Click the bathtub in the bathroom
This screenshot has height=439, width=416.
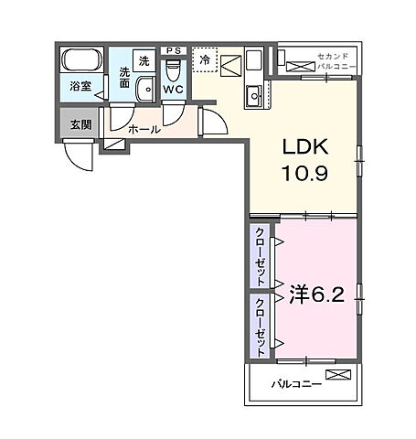click(81, 59)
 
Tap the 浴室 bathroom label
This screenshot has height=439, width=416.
click(80, 86)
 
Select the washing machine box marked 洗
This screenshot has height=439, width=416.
click(144, 60)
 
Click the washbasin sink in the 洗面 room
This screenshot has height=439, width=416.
click(145, 89)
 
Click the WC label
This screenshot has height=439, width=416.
click(174, 90)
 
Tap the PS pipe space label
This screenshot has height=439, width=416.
click(174, 51)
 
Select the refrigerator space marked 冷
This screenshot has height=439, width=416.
click(205, 59)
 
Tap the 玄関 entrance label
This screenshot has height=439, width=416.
click(80, 124)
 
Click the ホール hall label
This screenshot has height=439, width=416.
click(144, 130)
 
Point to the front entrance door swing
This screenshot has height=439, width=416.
click(78, 155)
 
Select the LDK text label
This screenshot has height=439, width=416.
click(305, 146)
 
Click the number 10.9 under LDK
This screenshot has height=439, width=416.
click(305, 174)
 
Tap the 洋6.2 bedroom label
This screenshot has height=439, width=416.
click(316, 294)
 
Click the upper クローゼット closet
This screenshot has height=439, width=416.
click(260, 256)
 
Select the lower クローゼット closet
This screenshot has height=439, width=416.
click(260, 326)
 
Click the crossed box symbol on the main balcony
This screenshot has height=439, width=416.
click(338, 375)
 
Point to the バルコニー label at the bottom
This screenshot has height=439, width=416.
click(296, 384)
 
